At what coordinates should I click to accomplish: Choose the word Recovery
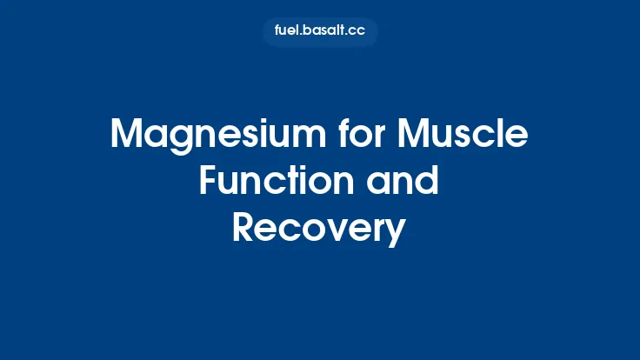pos(319,229)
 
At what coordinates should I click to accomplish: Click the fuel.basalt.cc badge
pos(320,31)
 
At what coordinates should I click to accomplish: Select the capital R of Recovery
pos(244,229)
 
